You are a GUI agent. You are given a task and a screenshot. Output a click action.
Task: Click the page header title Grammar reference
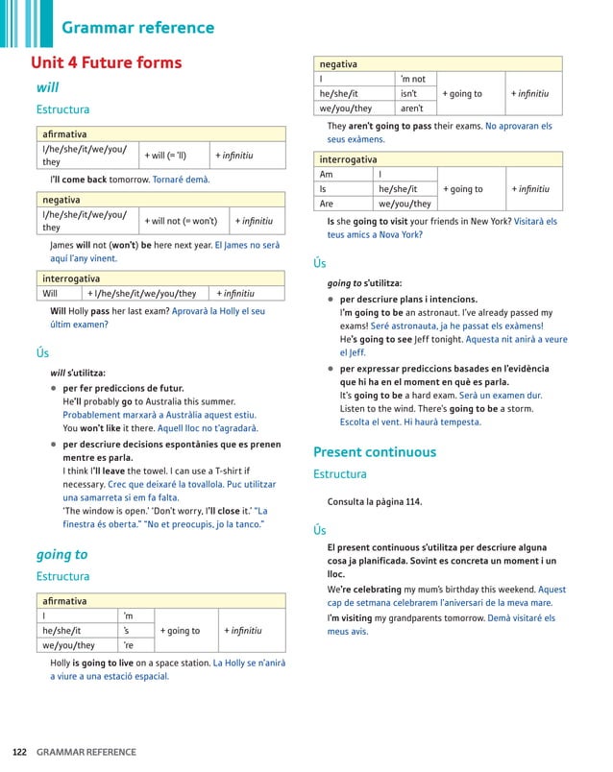pos(137,27)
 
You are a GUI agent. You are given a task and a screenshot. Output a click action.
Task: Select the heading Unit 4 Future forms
pos(106,63)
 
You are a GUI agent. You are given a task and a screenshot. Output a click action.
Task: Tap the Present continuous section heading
pos(374,451)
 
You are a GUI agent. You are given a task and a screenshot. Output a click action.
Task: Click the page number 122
pos(19,752)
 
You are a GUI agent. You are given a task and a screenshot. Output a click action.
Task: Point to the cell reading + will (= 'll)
pos(167,156)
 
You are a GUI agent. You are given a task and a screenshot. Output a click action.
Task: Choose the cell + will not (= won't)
pos(181,221)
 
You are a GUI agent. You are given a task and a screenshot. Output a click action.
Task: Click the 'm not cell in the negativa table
pos(412,79)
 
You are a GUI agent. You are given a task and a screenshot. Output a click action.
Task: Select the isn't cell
pos(409,93)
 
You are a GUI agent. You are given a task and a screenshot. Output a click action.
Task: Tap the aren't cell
pos(411,109)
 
